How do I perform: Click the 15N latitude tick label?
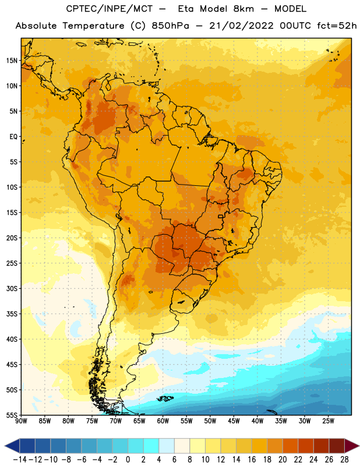[12, 61]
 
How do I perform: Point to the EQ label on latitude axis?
[13, 137]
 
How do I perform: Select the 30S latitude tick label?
[12, 288]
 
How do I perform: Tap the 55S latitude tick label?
[12, 415]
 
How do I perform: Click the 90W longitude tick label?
[22, 421]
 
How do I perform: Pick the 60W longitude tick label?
[163, 421]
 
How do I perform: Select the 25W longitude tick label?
[328, 421]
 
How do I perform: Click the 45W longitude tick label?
[234, 421]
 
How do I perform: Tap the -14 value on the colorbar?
[20, 460]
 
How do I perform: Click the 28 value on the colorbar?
[344, 460]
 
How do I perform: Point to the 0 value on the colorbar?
[128, 460]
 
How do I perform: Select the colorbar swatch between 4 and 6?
[167, 446]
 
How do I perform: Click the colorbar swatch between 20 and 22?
[291, 446]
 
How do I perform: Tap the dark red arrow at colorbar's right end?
[351, 446]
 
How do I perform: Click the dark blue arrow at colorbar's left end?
[12, 446]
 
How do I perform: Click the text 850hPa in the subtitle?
[170, 26]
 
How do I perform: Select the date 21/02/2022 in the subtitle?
[241, 26]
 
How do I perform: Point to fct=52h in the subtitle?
[337, 26]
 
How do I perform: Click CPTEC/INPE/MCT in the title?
[109, 9]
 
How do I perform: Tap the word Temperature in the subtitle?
[93, 26]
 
